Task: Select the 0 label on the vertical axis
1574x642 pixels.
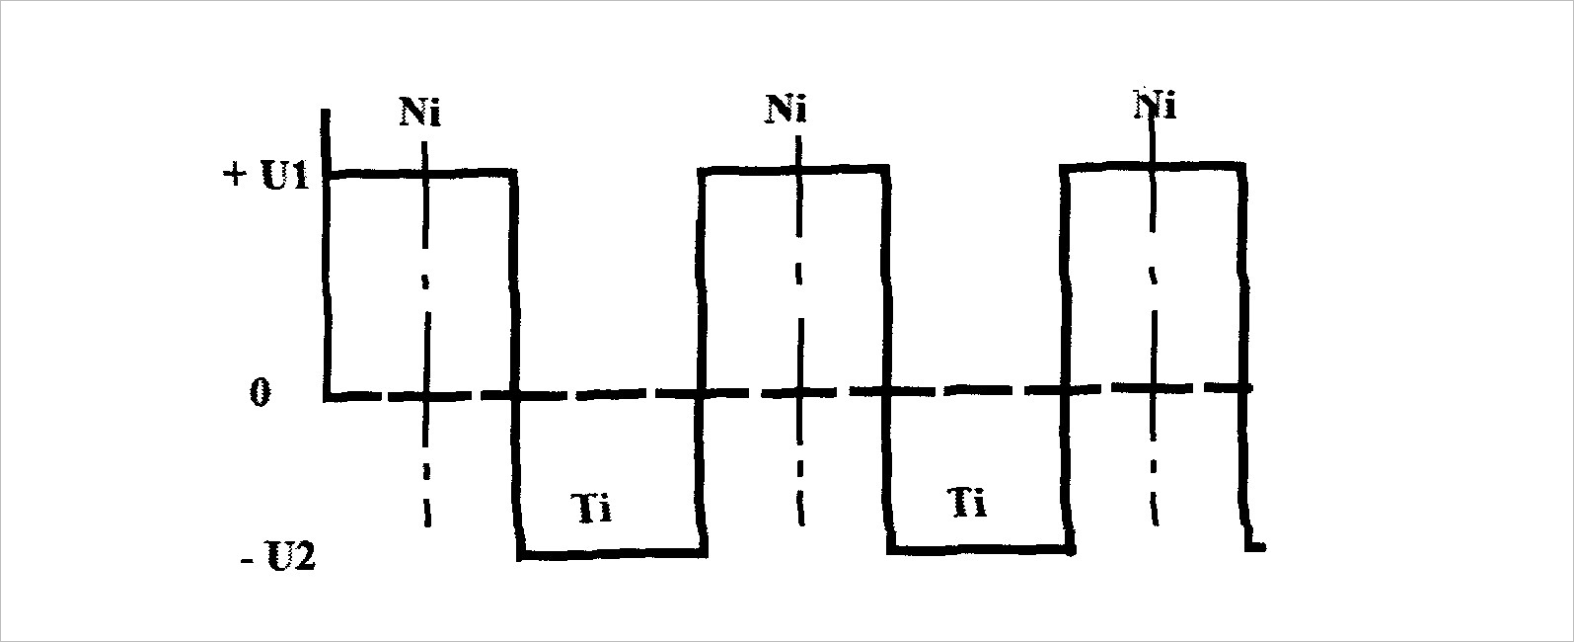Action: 259,394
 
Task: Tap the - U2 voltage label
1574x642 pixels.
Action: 278,559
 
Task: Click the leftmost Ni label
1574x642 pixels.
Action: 420,112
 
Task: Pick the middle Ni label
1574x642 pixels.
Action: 786,108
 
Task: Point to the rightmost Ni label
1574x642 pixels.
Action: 1156,104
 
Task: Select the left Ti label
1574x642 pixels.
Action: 591,509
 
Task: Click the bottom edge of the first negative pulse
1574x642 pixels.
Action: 612,555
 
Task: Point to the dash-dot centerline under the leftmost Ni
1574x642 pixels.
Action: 425,296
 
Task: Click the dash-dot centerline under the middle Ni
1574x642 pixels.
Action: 796,296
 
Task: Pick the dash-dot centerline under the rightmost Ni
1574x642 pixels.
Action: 1152,296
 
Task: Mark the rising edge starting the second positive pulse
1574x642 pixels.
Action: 701,286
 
